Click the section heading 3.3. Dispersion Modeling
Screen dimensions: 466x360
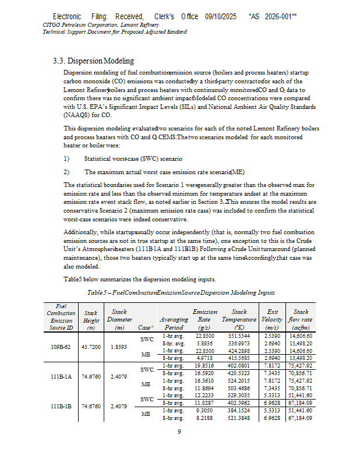point(93,61)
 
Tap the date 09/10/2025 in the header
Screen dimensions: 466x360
point(221,16)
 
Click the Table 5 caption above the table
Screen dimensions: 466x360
point(181,292)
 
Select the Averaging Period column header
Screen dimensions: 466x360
point(174,323)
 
